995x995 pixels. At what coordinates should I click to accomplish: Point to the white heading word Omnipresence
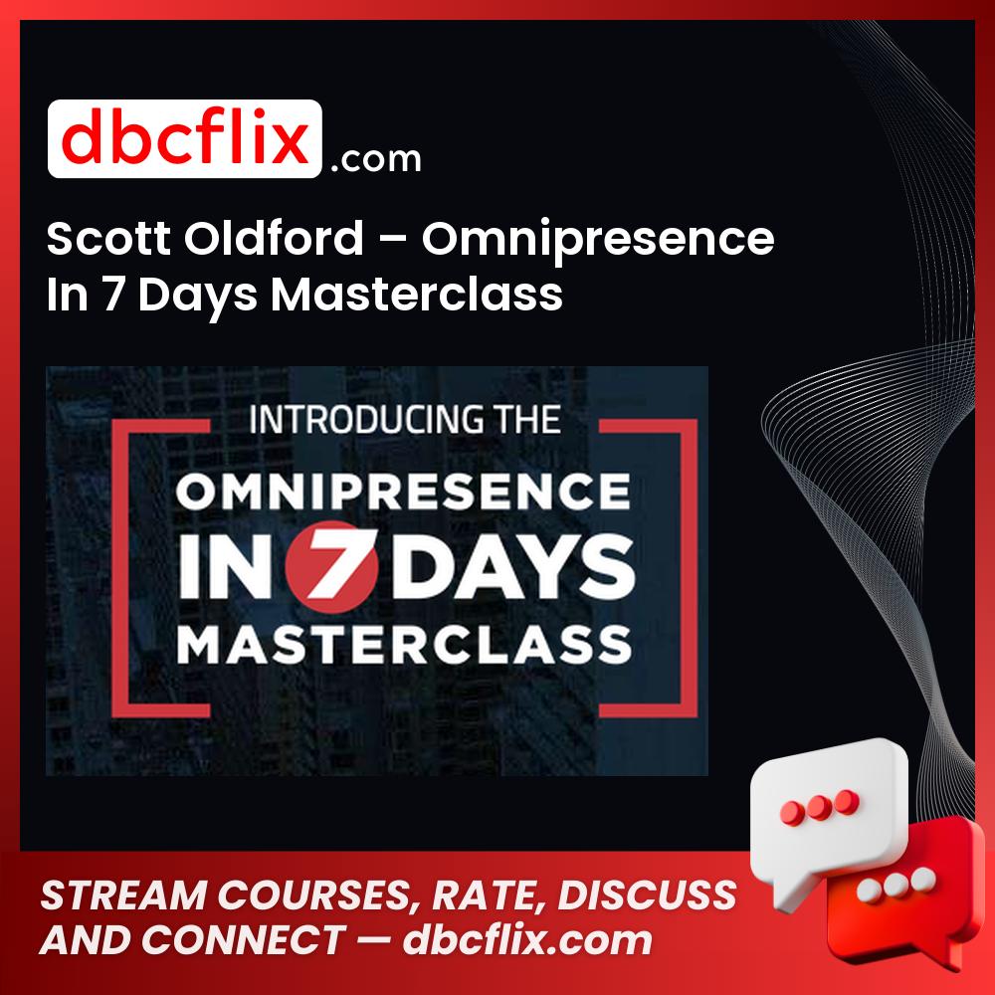(x=598, y=241)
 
